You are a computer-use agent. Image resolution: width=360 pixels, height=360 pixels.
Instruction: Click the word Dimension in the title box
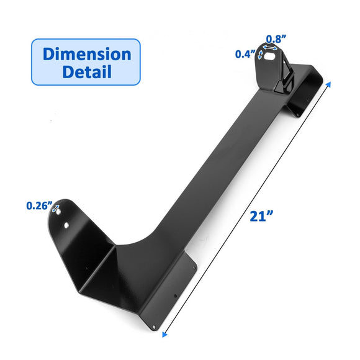point(86,53)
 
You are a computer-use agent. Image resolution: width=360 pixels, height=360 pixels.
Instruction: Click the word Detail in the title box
point(86,71)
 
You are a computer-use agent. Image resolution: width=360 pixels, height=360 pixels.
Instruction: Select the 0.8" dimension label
point(276,37)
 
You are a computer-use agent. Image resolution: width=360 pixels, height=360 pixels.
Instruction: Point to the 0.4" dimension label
point(245,54)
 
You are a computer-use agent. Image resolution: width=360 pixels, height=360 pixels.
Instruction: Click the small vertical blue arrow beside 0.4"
point(261,55)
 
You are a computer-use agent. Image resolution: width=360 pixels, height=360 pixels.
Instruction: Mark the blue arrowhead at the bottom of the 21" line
point(164,334)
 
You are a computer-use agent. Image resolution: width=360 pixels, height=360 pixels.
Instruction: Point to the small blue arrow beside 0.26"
point(55,209)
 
